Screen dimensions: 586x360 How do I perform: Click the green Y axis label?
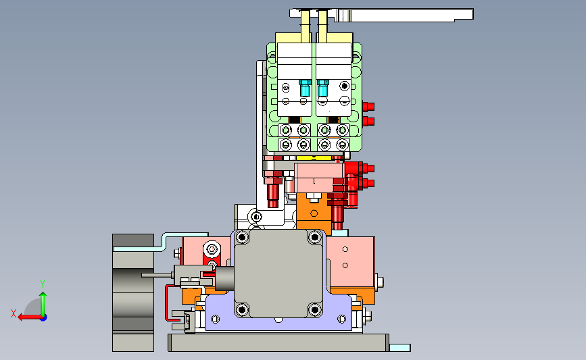(x=43, y=284)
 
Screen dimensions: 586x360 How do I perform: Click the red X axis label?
(x=14, y=313)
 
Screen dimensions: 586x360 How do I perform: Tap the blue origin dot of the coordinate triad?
(x=44, y=318)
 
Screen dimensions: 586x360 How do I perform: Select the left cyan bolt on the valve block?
(x=305, y=88)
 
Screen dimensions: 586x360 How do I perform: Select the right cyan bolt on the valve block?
(x=323, y=88)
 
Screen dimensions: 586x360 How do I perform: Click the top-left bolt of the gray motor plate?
(x=242, y=237)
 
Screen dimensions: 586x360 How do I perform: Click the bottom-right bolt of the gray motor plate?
(x=315, y=309)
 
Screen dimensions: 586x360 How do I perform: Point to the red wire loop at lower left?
(x=166, y=303)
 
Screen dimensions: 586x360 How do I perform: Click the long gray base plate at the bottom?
(x=278, y=342)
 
